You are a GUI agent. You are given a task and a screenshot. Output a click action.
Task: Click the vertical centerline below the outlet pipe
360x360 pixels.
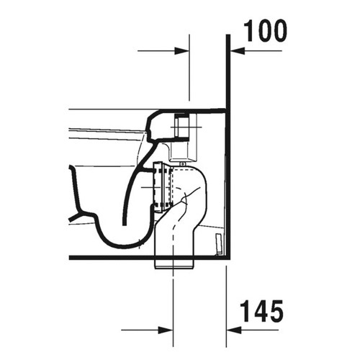tap(174, 302)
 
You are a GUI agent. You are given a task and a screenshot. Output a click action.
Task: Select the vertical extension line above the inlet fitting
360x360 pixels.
tap(189, 72)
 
